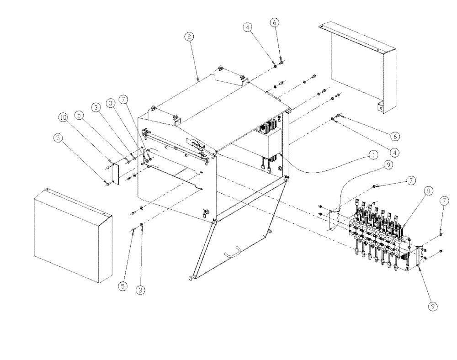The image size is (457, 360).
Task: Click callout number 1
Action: coord(373,155)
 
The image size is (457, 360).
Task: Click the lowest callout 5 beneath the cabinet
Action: coord(122,286)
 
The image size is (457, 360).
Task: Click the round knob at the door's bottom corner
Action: coord(189,277)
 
